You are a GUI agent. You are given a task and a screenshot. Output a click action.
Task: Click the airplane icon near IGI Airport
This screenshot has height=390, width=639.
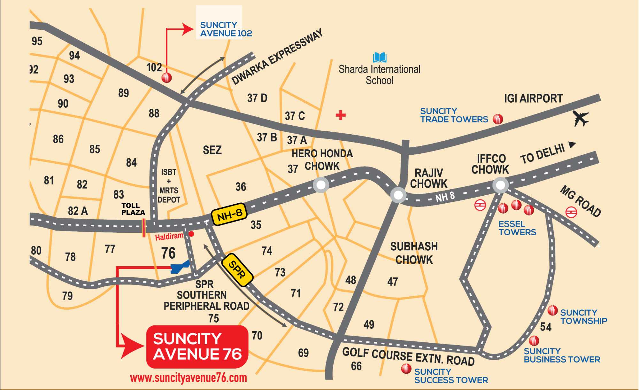tap(581, 118)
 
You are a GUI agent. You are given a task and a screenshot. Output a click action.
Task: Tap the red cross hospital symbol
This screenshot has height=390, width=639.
tap(341, 115)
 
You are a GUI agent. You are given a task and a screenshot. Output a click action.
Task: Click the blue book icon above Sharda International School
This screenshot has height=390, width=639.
tap(380, 58)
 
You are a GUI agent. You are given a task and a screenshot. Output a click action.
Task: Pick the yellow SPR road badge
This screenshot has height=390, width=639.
tap(237, 269)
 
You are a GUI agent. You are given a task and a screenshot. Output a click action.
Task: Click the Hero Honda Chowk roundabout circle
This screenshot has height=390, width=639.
tap(321, 185)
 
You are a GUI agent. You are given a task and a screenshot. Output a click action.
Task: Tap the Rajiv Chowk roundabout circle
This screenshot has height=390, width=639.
tap(398, 195)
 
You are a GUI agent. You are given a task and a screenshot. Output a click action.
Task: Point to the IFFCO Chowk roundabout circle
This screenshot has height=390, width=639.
tap(500, 185)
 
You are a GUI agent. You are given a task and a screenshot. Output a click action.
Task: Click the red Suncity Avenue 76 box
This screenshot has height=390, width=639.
tap(197, 347)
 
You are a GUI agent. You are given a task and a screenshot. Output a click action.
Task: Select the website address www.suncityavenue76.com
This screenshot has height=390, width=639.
tap(188, 378)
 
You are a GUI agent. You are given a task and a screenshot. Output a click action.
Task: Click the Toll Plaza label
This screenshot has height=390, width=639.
tap(133, 209)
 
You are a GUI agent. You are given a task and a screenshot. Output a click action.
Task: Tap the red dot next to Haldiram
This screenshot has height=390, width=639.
tap(191, 234)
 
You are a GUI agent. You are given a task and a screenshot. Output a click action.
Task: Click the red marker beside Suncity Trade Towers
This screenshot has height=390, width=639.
tap(498, 119)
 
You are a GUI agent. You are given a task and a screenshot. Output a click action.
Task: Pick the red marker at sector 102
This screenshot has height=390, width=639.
tap(166, 77)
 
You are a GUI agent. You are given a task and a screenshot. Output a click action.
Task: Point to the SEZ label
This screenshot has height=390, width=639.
tap(212, 150)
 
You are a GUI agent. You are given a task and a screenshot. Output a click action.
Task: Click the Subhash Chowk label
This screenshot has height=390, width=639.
tap(414, 253)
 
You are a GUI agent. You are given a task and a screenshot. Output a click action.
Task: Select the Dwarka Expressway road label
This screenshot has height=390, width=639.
tap(277, 57)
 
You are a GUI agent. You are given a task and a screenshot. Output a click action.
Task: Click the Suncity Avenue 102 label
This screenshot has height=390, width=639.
tap(226, 29)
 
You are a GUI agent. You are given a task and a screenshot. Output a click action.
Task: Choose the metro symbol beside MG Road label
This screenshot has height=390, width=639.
tap(571, 212)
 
